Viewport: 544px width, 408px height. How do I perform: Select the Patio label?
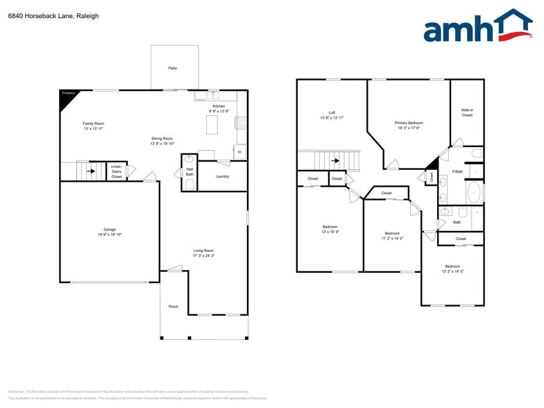point(172,69)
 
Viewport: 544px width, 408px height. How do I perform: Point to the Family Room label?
point(94,124)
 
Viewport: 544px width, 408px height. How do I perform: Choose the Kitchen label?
point(219,106)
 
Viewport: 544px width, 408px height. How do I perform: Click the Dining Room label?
point(162,138)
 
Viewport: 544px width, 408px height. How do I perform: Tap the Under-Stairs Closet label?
point(117,172)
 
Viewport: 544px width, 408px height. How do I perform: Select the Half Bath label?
point(189,172)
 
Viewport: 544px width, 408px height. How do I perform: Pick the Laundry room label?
point(222,176)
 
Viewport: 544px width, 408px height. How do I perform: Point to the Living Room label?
point(203,250)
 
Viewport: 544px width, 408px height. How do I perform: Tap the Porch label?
point(173,306)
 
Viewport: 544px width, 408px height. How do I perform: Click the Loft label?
point(332,112)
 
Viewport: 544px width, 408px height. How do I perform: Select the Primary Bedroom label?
point(410,123)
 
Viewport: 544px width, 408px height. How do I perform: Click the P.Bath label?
point(457,171)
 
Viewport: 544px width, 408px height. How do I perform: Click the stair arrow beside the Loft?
point(335,161)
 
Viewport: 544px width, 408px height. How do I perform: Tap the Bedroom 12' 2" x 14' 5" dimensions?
point(452,271)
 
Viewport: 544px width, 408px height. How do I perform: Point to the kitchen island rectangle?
point(212,125)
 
